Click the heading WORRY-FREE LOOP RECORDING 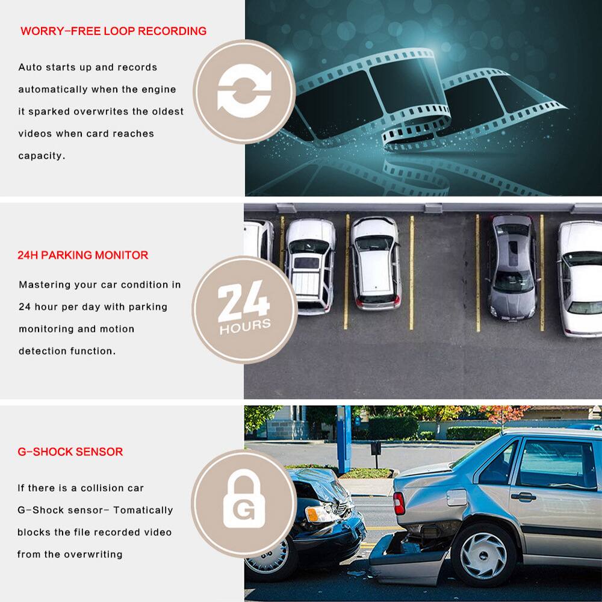click(x=113, y=31)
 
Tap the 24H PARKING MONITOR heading click(x=82, y=255)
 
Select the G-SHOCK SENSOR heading click(x=70, y=451)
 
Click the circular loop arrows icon click(x=244, y=92)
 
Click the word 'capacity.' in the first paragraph click(x=41, y=156)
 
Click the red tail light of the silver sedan click(x=399, y=503)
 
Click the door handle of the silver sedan click(x=523, y=497)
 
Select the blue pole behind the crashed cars click(x=344, y=439)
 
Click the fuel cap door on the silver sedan click(x=456, y=497)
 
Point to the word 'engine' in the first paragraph click(x=160, y=90)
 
